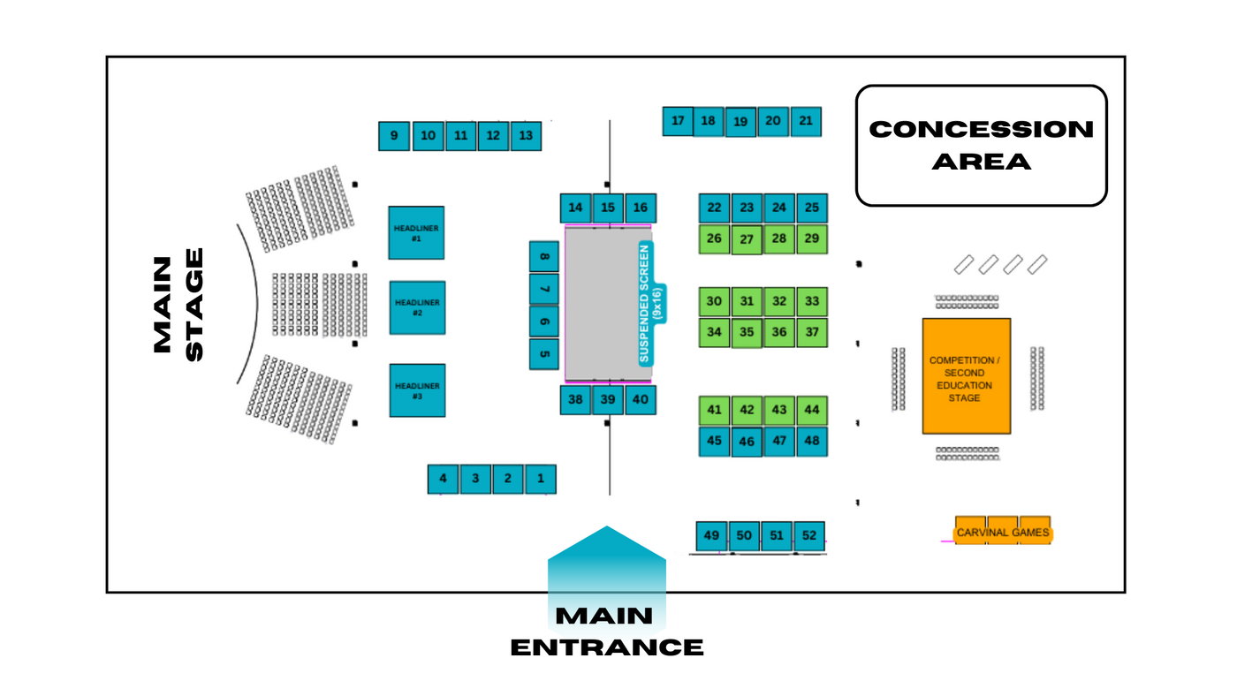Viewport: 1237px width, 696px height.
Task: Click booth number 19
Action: coord(740,122)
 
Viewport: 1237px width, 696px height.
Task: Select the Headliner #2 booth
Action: coord(417,307)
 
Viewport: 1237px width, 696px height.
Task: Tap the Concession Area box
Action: coord(981,146)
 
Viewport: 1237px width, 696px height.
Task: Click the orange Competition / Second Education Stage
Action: coord(966,376)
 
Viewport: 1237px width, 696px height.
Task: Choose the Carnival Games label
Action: coord(1003,532)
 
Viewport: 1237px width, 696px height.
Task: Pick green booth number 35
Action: coord(747,332)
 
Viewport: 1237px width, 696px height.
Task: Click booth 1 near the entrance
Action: coord(540,479)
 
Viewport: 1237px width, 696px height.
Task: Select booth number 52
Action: coord(809,535)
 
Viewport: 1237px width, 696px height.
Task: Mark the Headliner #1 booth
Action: coord(416,233)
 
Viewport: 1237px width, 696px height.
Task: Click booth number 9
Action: coord(394,136)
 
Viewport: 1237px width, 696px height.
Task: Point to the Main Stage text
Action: coord(178,304)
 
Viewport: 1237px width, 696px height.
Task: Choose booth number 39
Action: coord(608,399)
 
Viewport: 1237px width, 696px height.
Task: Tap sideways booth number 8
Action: coord(543,257)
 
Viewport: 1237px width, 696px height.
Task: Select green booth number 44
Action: coord(811,410)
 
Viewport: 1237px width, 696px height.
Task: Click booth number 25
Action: coord(811,208)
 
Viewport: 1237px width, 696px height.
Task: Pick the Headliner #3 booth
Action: coord(417,390)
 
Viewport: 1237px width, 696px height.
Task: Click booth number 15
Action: coord(608,208)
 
